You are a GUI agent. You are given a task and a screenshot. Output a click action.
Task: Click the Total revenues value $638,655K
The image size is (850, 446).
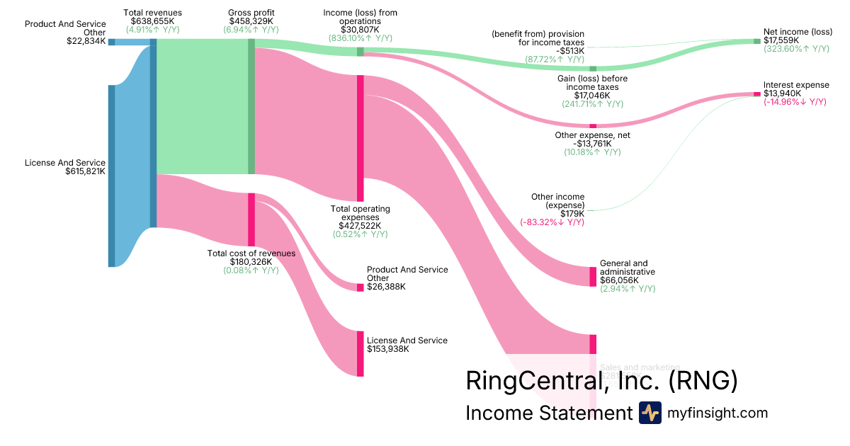(x=152, y=21)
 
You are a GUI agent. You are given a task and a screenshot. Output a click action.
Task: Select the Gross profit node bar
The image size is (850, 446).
(x=251, y=106)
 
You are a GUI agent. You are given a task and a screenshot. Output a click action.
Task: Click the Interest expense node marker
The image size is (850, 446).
(x=756, y=94)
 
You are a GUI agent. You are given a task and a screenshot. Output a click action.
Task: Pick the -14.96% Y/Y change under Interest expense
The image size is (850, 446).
(x=795, y=102)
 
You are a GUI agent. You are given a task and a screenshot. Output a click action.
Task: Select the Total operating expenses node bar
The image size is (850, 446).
(x=360, y=138)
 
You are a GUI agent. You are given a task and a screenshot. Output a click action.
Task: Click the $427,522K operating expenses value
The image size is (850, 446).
(x=360, y=226)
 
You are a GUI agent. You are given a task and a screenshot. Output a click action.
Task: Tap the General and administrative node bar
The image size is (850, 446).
(x=593, y=276)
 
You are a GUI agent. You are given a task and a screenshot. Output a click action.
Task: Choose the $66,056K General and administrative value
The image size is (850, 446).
(x=623, y=280)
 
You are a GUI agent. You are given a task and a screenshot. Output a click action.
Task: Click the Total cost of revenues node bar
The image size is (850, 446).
(x=251, y=219)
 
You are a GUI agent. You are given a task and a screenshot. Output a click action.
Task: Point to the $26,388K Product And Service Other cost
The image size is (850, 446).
(x=387, y=287)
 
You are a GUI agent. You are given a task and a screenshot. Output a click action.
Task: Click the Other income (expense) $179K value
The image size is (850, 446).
(x=572, y=214)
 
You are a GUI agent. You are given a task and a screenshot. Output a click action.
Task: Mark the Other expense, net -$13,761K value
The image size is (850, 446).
(x=593, y=144)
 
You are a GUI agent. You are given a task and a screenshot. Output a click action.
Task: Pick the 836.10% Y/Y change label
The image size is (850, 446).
(x=360, y=38)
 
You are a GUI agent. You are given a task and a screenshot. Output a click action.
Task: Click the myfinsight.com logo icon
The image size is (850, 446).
(x=650, y=413)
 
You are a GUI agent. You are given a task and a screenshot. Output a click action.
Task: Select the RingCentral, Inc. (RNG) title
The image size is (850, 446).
(x=601, y=381)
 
